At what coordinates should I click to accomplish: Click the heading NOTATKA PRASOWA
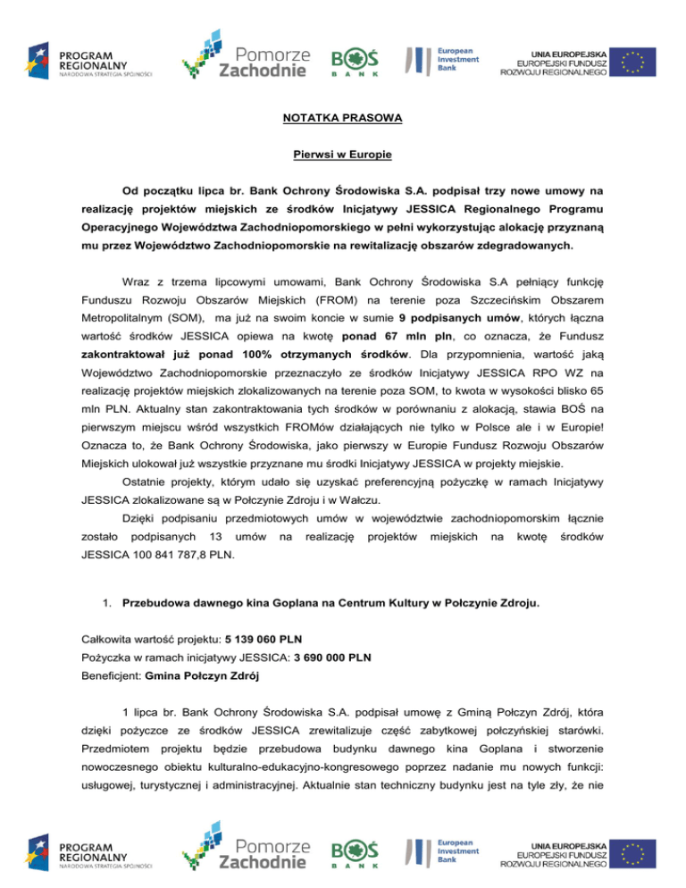click(x=343, y=118)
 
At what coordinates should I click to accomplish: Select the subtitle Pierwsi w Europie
click(x=343, y=155)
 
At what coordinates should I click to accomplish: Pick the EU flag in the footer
click(x=634, y=849)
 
